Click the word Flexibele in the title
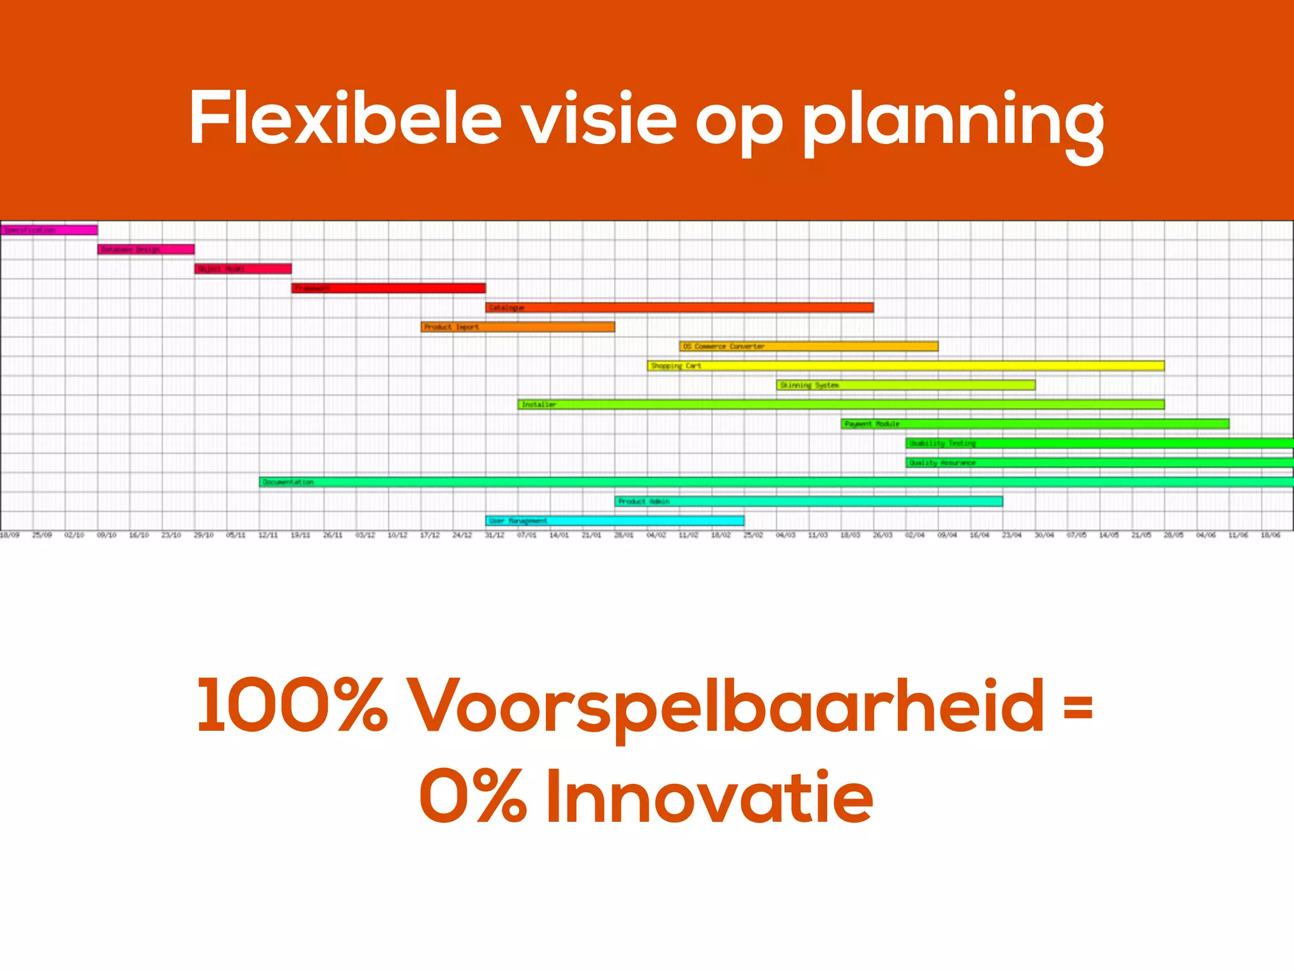[345, 119]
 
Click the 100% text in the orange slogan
[291, 705]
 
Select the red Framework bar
[389, 288]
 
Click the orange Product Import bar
[518, 327]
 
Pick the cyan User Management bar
[615, 521]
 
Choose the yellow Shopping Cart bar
[905, 365]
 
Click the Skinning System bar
[906, 385]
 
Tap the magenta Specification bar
[49, 230]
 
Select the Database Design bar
[146, 250]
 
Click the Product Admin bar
[809, 501]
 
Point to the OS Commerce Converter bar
[809, 346]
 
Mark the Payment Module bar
[1035, 424]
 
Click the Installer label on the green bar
[539, 405]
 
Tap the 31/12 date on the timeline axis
[494, 535]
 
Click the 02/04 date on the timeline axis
[914, 535]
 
